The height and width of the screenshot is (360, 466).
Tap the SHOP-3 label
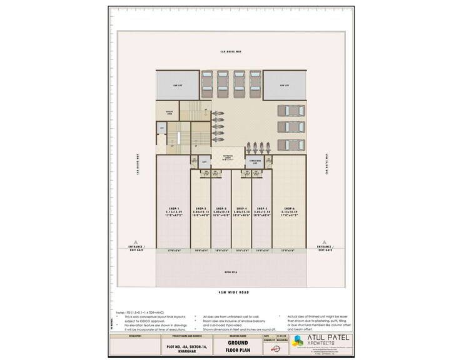tap(221, 208)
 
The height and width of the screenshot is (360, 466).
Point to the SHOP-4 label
tap(241, 208)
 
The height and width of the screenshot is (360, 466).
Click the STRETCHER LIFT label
tap(255, 162)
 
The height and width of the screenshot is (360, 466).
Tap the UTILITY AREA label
tap(170, 114)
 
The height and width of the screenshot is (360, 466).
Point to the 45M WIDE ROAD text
tap(231, 293)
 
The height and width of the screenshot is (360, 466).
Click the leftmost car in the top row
tap(207, 82)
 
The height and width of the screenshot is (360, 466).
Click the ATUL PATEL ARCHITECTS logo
tap(325, 343)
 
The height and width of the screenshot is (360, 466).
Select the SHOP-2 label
tap(200, 208)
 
